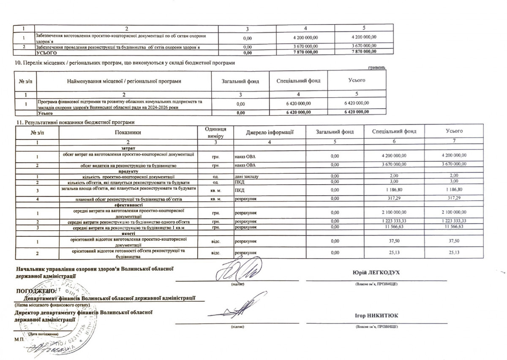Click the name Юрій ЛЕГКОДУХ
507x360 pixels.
tap(376, 273)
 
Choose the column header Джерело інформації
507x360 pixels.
tap(270, 132)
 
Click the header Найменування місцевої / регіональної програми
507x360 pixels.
tap(122, 81)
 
